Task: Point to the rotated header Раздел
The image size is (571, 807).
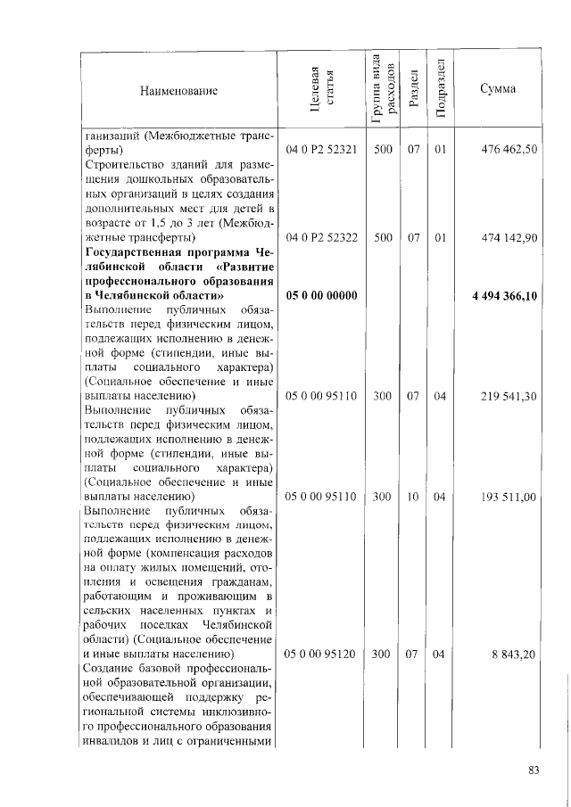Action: pos(413,90)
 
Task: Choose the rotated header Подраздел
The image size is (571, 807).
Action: pos(440,90)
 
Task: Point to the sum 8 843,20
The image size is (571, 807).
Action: pos(515,655)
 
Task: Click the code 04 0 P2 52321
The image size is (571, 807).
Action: pos(320,150)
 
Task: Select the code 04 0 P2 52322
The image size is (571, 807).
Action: pos(320,238)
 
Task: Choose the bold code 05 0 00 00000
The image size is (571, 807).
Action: pos(320,296)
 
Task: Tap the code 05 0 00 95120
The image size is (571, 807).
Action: pos(320,655)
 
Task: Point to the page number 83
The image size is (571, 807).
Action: pos(534,771)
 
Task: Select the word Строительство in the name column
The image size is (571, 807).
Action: pos(124,165)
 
